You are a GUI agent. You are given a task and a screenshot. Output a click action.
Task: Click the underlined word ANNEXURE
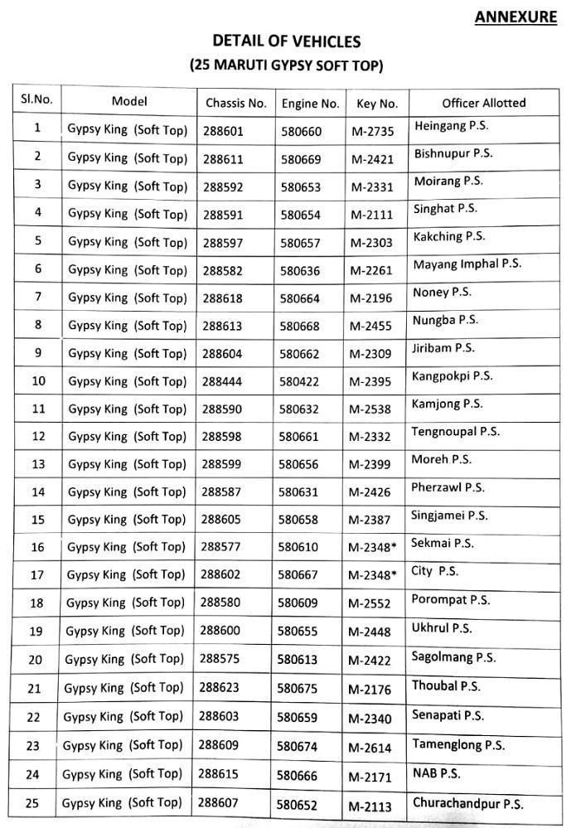[x=516, y=17]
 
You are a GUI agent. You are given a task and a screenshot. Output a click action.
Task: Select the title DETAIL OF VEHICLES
[x=287, y=41]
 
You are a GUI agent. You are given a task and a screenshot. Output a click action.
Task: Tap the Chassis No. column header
[x=236, y=104]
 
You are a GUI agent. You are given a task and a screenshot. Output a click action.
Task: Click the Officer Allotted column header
[x=483, y=103]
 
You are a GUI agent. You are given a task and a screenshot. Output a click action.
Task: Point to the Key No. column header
[x=377, y=104]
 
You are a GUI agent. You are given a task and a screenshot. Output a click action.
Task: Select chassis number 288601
[x=223, y=131]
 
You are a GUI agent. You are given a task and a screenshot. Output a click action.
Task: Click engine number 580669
[x=301, y=159]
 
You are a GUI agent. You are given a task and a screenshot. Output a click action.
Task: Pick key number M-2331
[x=371, y=187]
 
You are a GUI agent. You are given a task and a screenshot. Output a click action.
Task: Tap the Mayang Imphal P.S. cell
[x=467, y=264]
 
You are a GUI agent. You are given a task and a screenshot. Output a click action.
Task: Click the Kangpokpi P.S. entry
[x=452, y=376]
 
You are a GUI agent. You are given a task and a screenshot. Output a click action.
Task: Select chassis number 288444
[x=222, y=381]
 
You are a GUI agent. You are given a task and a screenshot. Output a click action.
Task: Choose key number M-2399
[x=370, y=465]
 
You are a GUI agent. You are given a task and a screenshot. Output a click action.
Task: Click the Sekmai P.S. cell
[x=443, y=544]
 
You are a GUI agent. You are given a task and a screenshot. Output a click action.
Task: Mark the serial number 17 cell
[x=36, y=574]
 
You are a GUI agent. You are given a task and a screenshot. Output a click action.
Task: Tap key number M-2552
[x=370, y=603]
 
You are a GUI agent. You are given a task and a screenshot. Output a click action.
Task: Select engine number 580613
[x=298, y=660]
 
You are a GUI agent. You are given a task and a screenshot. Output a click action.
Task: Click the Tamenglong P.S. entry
[x=458, y=744]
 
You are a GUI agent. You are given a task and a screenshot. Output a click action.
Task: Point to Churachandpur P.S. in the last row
[x=467, y=802]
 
